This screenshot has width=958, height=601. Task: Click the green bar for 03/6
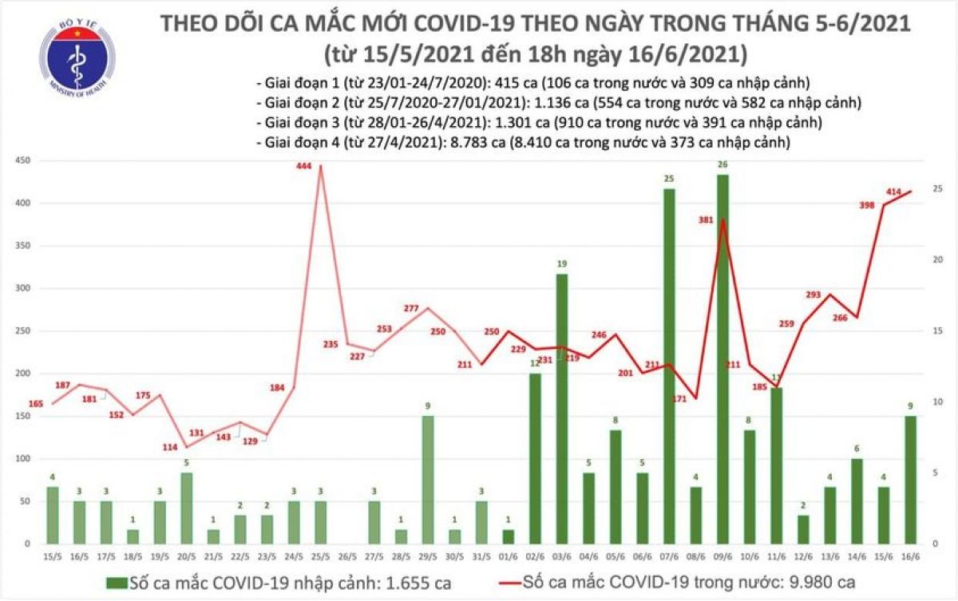[x=561, y=408]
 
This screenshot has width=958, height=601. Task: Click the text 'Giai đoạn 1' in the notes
[x=295, y=82]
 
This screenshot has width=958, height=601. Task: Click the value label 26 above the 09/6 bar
[x=722, y=165]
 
